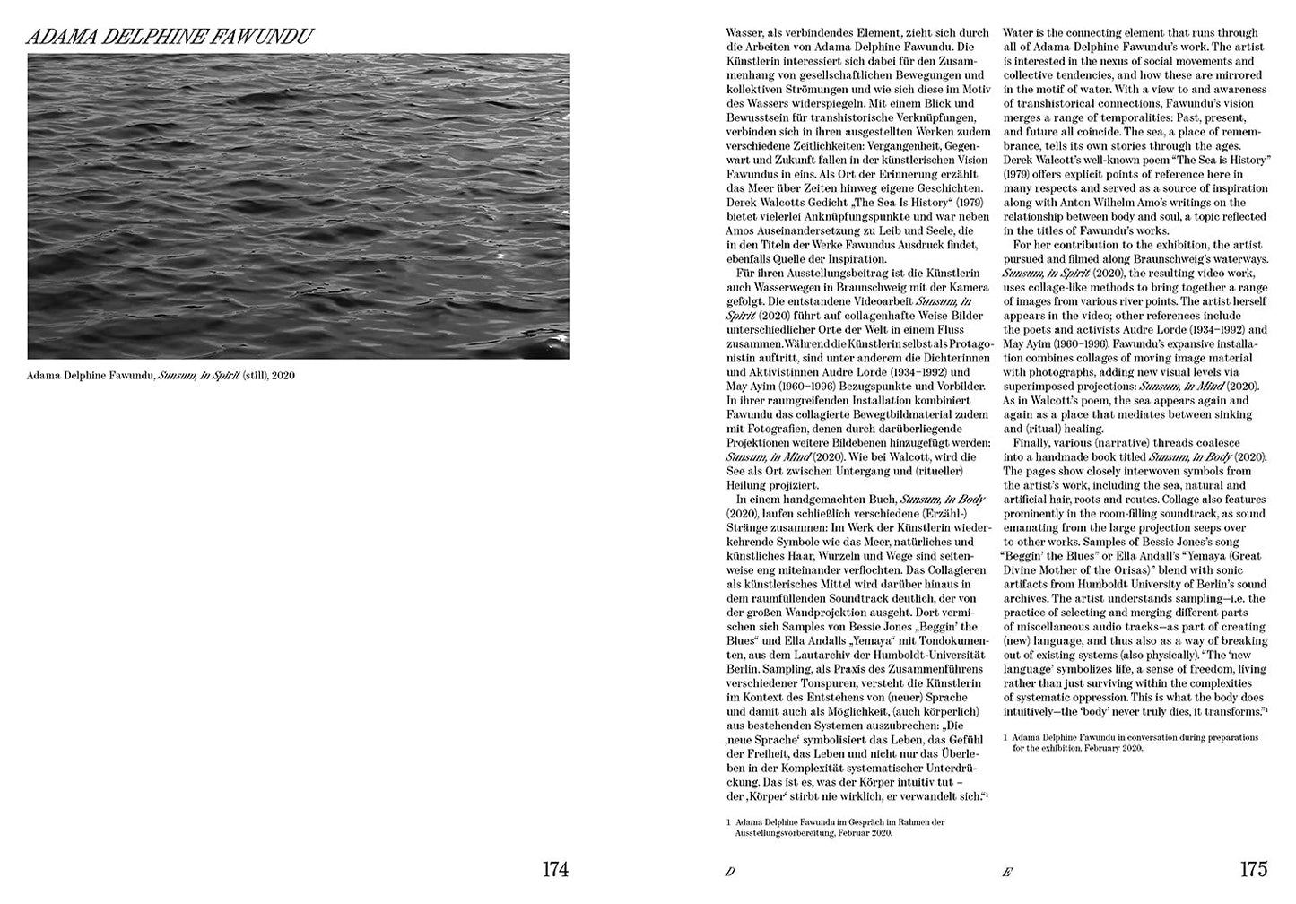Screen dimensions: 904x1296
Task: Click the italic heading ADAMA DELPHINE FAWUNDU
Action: tap(170, 38)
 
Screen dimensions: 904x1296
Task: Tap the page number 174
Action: tap(555, 869)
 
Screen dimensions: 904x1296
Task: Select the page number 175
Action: tap(1253, 869)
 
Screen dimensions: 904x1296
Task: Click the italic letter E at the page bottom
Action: tap(1007, 872)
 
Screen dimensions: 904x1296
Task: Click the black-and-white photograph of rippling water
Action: tap(298, 206)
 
